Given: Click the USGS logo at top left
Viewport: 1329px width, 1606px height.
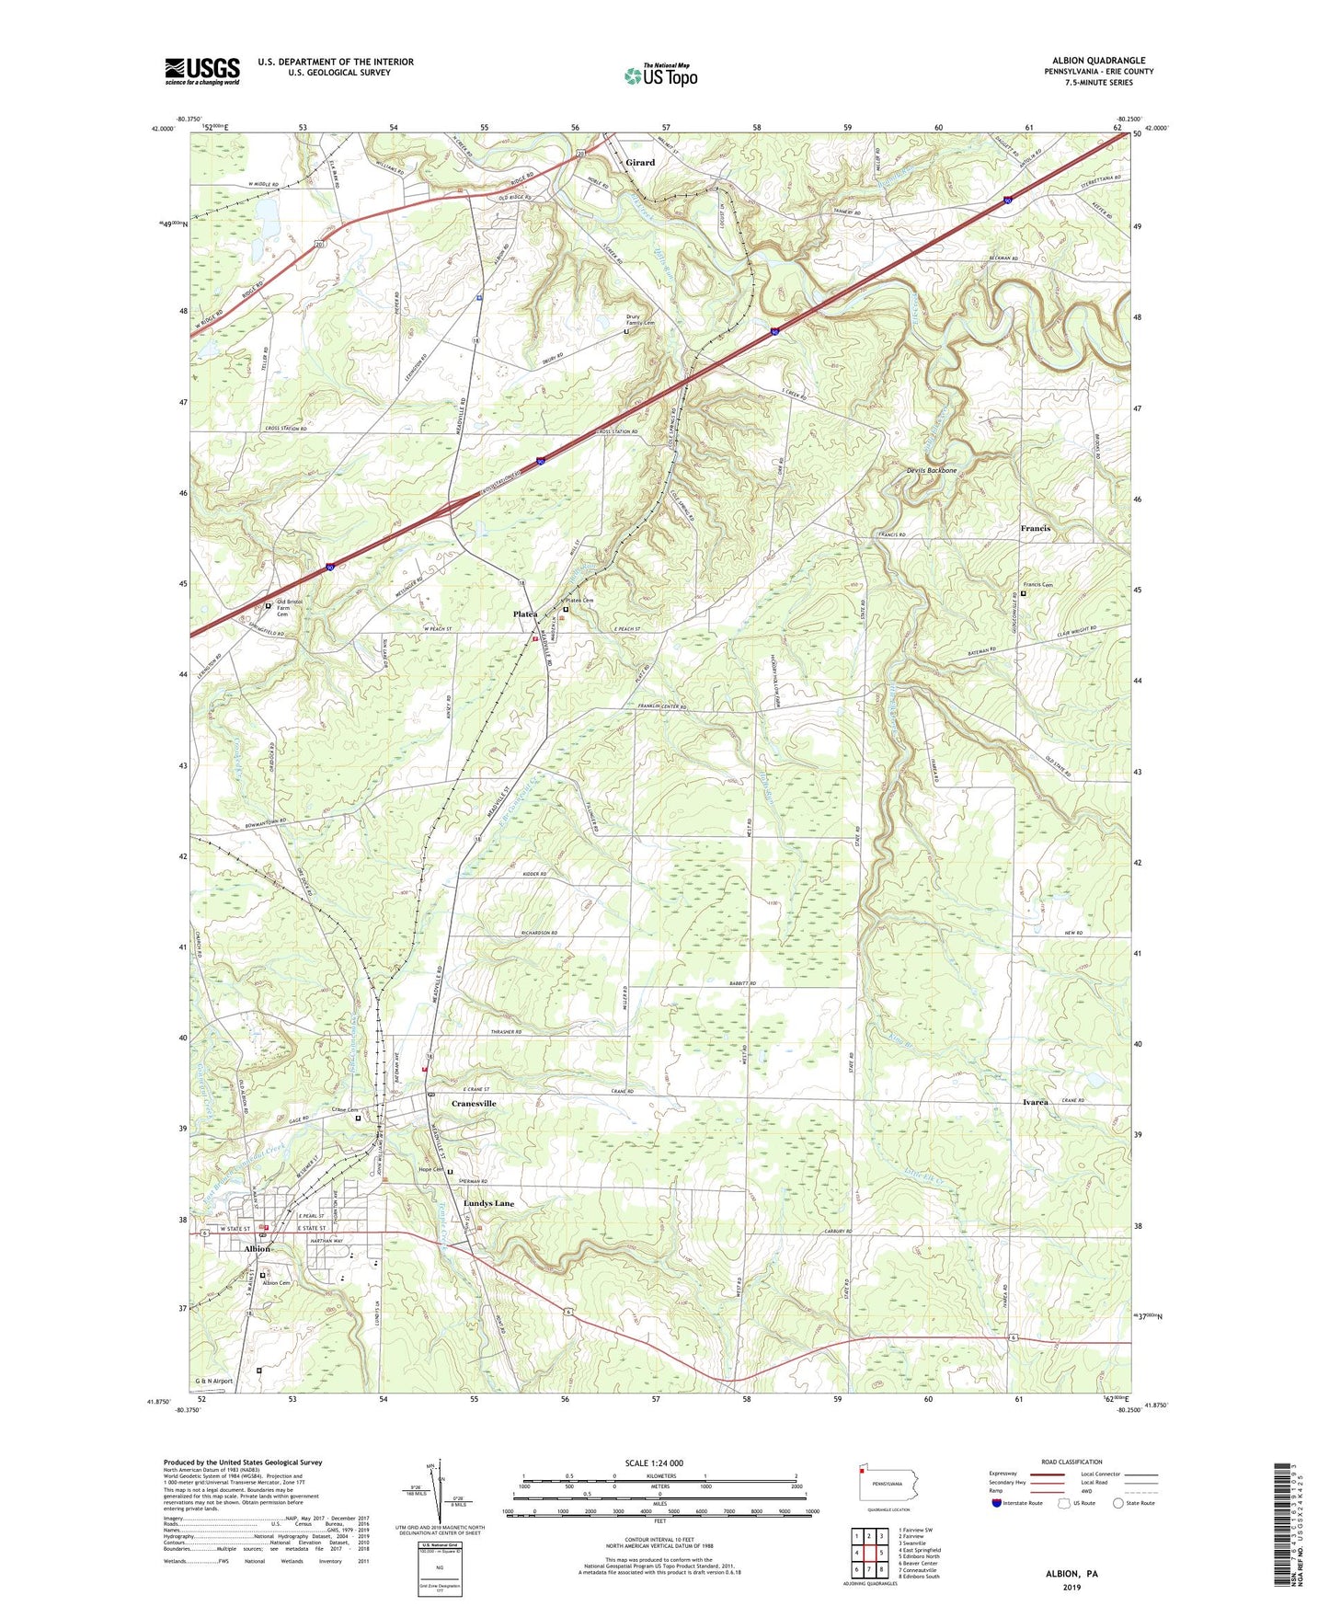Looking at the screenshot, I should point(202,71).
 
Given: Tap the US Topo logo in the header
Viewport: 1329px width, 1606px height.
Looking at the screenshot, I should point(661,75).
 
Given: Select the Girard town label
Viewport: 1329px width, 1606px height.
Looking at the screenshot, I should point(640,163).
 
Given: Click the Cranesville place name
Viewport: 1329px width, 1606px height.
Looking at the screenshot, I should point(474,1103).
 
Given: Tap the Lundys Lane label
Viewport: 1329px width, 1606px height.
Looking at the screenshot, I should point(488,1203).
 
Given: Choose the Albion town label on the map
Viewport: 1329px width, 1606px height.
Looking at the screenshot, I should point(257,1249).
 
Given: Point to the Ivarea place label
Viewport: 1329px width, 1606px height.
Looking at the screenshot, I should point(1035,1102).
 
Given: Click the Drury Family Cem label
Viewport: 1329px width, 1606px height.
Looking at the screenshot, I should point(640,320).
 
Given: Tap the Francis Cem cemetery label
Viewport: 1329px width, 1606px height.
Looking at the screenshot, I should point(1037,585).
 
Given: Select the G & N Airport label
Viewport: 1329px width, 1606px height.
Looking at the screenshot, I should point(213,1382).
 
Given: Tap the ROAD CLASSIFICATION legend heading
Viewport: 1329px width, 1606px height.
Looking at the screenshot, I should point(1071,1462).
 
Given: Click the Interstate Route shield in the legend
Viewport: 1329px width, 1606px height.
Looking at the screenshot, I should point(997,1504).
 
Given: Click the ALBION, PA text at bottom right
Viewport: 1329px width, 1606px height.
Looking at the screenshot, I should point(1071,1574).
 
